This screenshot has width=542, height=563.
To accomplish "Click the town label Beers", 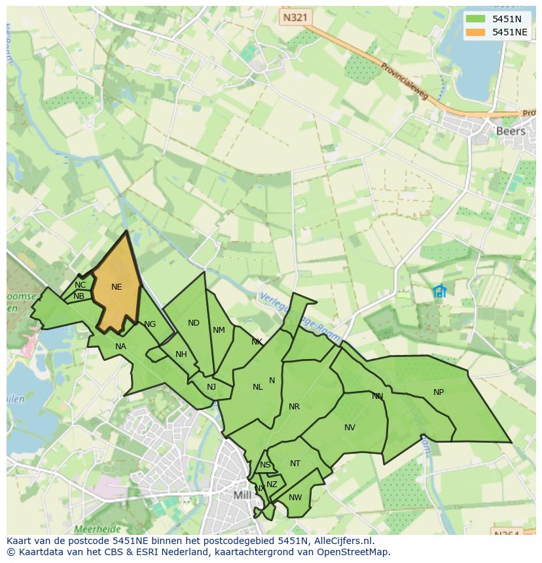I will (x=511, y=131).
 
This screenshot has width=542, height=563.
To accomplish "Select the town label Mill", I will (x=242, y=495).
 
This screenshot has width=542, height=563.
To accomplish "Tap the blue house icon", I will (x=439, y=291).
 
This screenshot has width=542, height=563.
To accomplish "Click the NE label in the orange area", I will (x=117, y=287).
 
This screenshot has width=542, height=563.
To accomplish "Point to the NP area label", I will (x=438, y=392).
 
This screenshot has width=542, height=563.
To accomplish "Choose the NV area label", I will (x=350, y=428).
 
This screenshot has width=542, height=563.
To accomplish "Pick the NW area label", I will (x=295, y=498).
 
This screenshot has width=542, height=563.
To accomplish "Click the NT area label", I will (x=295, y=464).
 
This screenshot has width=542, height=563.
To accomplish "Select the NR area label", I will (x=294, y=407).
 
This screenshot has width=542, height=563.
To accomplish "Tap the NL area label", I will (x=257, y=387).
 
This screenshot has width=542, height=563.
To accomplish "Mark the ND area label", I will (x=193, y=323).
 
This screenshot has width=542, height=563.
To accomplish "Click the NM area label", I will (x=219, y=330).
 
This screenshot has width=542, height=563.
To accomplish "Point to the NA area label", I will (x=120, y=347).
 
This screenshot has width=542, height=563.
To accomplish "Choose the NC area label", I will (x=80, y=285).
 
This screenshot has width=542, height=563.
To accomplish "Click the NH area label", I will (x=181, y=355).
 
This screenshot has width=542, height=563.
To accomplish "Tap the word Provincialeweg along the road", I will (x=403, y=81).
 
